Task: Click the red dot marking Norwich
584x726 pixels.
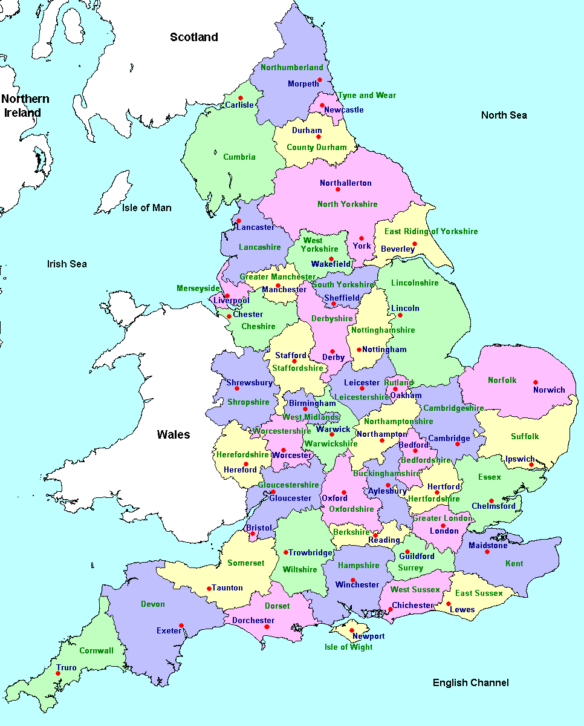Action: coord(535,382)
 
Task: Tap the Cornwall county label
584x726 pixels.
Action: coord(96,651)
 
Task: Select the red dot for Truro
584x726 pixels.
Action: coord(58,673)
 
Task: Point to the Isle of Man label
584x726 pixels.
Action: coord(146,208)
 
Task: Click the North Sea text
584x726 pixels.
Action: coord(504,115)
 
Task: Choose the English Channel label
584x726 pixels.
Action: coord(470,682)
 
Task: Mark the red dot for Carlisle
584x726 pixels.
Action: coord(240,98)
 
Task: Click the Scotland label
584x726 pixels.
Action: coord(193,38)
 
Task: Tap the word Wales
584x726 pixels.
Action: coord(174,434)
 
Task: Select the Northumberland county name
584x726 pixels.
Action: coord(291,68)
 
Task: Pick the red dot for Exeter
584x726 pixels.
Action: coord(181,626)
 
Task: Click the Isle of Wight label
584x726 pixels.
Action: coord(348,647)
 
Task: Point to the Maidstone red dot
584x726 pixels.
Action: coord(487,552)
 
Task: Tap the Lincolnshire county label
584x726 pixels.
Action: coord(415,283)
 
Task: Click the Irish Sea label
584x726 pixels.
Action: coord(67,264)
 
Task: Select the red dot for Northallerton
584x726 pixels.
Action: coord(338,189)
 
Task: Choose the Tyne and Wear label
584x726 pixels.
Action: coord(366,95)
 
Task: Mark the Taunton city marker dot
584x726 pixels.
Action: coord(209,588)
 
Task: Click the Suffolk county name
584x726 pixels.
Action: coord(524,436)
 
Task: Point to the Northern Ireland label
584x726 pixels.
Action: coord(25,105)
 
